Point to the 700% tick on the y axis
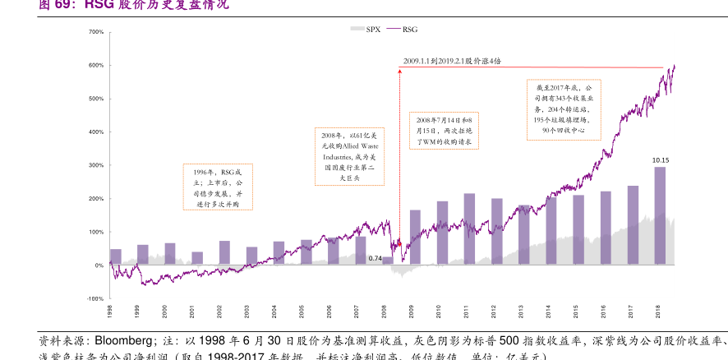[95, 32]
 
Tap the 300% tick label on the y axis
[95, 165]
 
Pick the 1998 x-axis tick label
[110, 312]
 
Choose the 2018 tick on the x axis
[657, 312]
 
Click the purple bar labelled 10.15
[660, 215]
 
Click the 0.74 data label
[375, 259]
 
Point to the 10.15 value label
[660, 160]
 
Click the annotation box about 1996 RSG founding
[217, 187]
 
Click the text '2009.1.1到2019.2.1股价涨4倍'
[452, 61]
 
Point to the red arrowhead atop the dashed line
[399, 71]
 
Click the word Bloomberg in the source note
[122, 340]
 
